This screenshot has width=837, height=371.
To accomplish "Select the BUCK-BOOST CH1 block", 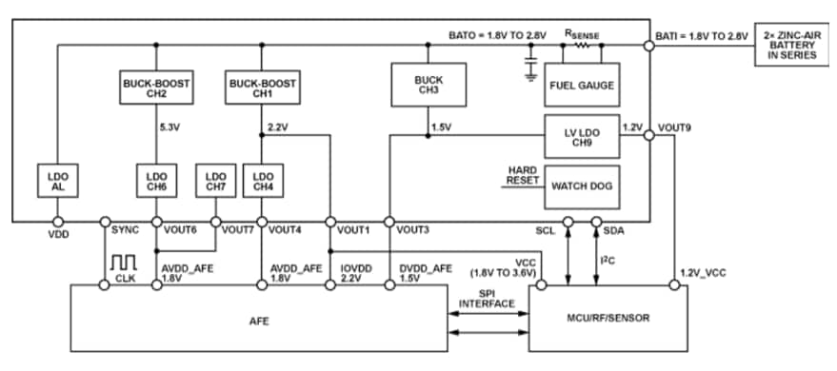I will pyautogui.click(x=261, y=88).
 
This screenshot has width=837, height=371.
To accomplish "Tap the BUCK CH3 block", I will pyautogui.click(x=428, y=85).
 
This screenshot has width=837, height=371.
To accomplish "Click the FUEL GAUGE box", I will pyautogui.click(x=581, y=85).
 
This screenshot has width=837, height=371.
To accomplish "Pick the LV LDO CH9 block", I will pyautogui.click(x=581, y=137).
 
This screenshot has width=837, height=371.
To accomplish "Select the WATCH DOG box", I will pyautogui.click(x=581, y=185).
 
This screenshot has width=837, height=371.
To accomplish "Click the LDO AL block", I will pyautogui.click(x=57, y=182).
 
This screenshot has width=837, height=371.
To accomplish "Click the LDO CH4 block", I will pyautogui.click(x=261, y=182).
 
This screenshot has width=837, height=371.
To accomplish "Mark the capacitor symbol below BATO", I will pyautogui.click(x=530, y=63).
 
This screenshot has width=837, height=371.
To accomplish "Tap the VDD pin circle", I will pyautogui.click(x=57, y=222).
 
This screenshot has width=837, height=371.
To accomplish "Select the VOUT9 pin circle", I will pyautogui.click(x=648, y=137).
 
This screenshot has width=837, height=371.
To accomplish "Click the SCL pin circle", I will pyautogui.click(x=568, y=222).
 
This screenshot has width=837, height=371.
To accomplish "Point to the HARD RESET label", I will pyautogui.click(x=522, y=175).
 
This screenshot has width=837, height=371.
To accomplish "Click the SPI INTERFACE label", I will pyautogui.click(x=488, y=299).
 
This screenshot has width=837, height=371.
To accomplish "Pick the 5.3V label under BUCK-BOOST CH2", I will pyautogui.click(x=169, y=126).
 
